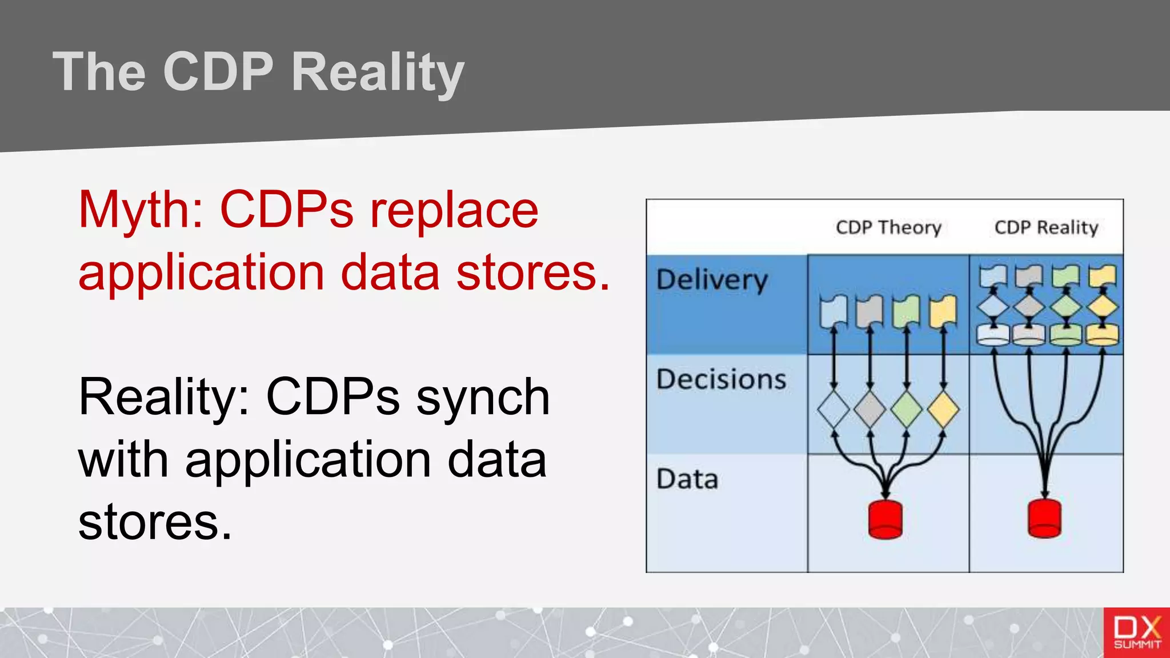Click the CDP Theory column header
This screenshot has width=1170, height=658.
(x=888, y=227)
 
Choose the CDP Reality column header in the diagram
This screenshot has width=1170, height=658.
(x=1046, y=227)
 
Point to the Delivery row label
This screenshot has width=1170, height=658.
(x=712, y=280)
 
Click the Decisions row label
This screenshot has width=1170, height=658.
(x=721, y=380)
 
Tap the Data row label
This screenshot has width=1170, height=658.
(x=687, y=479)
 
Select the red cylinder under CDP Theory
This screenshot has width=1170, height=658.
(x=885, y=519)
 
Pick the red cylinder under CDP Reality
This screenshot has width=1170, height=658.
(x=1044, y=518)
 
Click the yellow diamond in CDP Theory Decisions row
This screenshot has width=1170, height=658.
(x=943, y=409)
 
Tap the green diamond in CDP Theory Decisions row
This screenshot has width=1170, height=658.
(x=906, y=409)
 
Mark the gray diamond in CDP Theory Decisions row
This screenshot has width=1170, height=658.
(x=870, y=409)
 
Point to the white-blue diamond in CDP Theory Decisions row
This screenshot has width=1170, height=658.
(x=834, y=409)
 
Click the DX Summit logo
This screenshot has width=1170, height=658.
(x=1136, y=632)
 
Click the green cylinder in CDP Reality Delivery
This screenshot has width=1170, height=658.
(x=1066, y=334)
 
